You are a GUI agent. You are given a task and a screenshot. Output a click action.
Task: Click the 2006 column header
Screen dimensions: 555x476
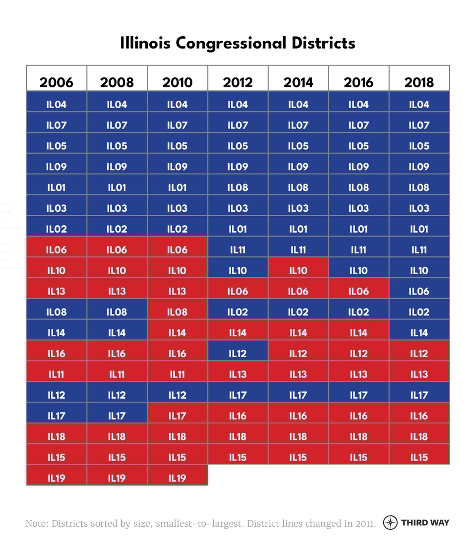click(x=56, y=82)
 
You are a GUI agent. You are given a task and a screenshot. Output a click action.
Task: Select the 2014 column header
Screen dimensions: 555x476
click(x=298, y=82)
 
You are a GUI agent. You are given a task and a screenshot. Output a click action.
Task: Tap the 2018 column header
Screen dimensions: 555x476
click(x=419, y=82)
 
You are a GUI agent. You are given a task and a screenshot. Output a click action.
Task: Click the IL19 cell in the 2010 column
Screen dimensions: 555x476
click(x=177, y=478)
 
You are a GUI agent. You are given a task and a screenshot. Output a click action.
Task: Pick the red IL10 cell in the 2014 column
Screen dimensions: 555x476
click(x=298, y=271)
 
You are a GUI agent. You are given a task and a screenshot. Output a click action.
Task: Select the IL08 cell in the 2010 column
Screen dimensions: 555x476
click(x=177, y=312)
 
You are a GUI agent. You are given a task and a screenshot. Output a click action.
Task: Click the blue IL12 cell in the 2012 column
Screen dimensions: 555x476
click(x=238, y=354)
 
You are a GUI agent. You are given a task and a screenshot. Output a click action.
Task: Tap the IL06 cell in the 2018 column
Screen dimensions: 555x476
click(x=419, y=292)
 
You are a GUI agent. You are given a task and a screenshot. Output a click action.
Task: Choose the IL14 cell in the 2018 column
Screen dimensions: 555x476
click(x=419, y=333)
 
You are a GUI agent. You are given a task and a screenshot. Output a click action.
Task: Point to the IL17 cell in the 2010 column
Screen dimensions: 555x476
click(x=177, y=416)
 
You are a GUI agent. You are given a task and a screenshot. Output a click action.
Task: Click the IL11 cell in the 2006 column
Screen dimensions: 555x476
click(x=56, y=374)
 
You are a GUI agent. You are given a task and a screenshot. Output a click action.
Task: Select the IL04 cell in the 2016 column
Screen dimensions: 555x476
click(x=358, y=105)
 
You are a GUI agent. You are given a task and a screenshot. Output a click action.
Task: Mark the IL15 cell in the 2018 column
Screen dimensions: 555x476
click(x=419, y=457)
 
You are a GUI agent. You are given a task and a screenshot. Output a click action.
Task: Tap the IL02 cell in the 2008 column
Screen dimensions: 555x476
click(x=117, y=229)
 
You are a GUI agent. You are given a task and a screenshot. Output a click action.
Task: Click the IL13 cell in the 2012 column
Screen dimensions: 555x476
click(x=238, y=374)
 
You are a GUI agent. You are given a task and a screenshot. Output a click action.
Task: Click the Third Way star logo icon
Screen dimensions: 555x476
click(x=391, y=523)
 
